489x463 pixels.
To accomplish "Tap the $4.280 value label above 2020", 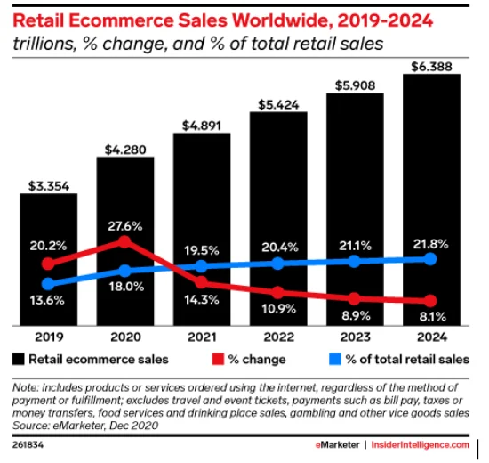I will coord(124,147).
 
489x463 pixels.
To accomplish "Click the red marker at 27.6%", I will coord(125,241).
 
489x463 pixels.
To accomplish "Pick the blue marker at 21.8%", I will coord(431,258).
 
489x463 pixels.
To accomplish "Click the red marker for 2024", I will coord(431,301).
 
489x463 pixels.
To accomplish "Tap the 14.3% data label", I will coord(200,300).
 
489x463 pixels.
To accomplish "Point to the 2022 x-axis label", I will coord(277,338).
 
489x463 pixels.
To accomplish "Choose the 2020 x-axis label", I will coord(124,338).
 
